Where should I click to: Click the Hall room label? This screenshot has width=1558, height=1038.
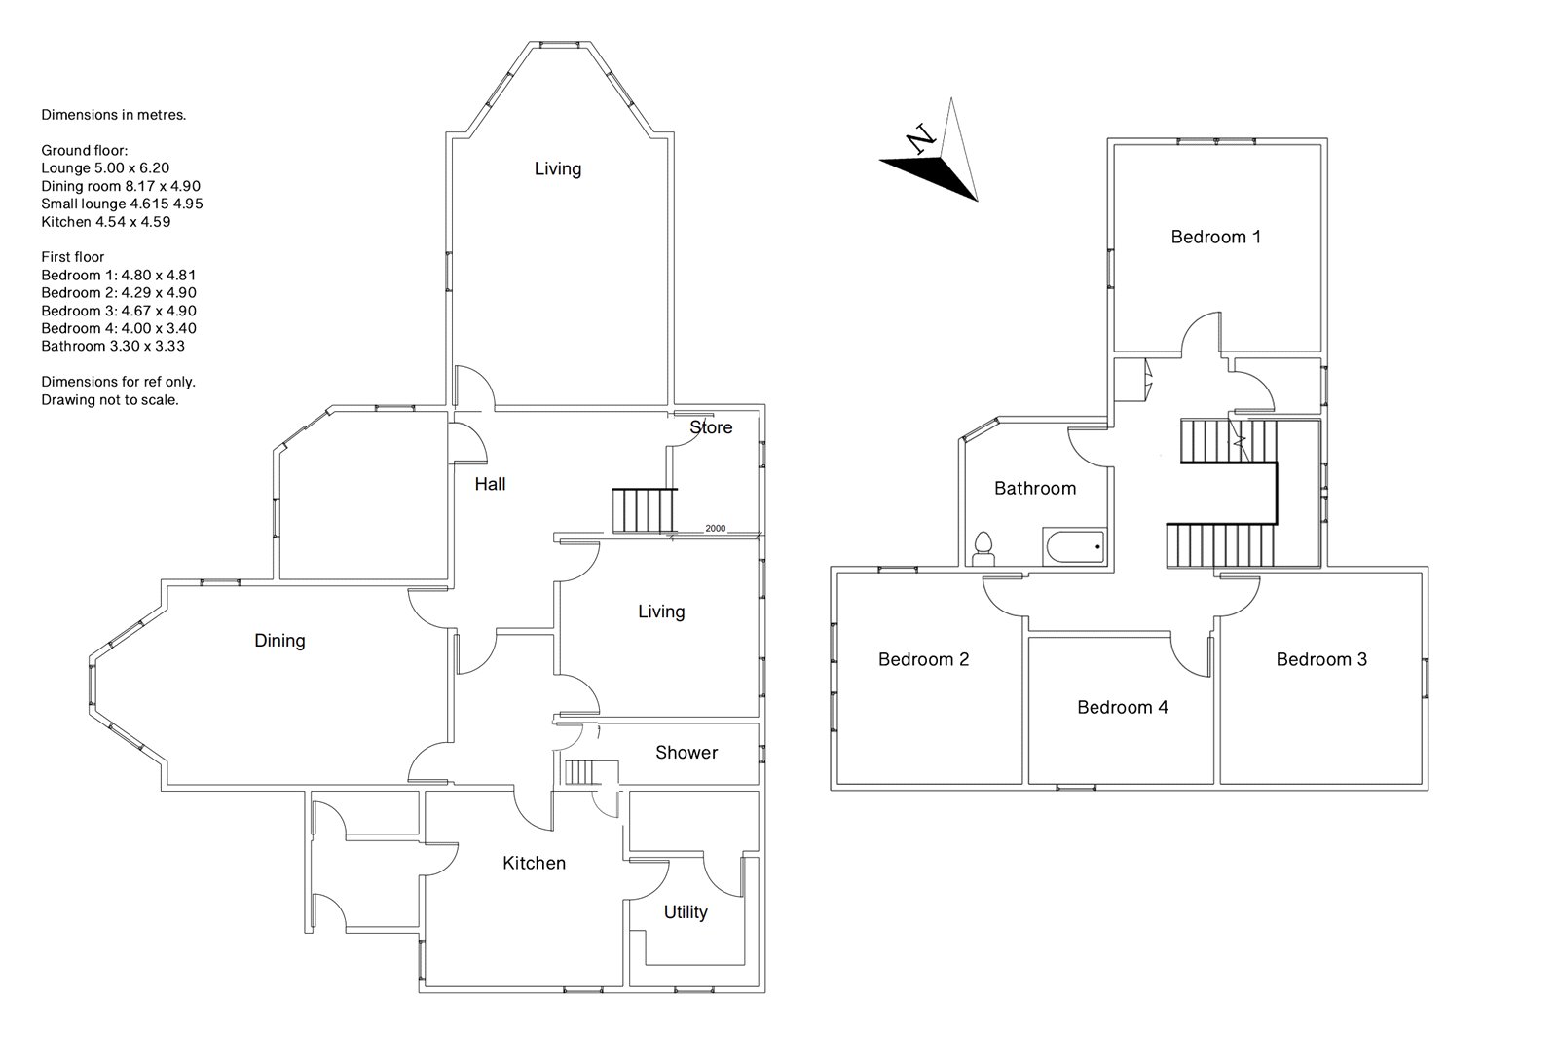click(490, 484)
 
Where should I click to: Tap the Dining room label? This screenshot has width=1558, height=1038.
click(279, 641)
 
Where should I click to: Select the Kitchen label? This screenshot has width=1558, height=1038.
click(535, 863)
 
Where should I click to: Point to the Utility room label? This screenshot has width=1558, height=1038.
click(686, 912)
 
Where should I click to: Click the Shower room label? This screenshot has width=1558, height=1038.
click(686, 752)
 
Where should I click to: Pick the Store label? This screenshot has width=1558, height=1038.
click(711, 427)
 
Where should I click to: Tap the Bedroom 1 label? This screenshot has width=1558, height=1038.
click(1216, 237)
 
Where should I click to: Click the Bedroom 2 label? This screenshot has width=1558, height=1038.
click(923, 659)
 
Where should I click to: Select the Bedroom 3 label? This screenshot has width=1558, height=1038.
click(1320, 659)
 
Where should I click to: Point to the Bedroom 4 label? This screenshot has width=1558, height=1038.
click(1123, 708)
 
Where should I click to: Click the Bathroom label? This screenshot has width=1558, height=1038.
click(1035, 489)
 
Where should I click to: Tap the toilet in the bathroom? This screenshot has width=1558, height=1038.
click(983, 549)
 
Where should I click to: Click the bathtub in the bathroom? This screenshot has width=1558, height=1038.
click(1073, 546)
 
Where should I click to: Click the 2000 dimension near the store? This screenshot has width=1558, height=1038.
click(715, 528)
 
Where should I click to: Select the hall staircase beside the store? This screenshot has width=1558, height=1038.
click(644, 510)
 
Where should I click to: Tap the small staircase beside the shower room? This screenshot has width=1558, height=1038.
click(581, 772)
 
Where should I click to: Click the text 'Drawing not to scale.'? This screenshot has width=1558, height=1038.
click(110, 400)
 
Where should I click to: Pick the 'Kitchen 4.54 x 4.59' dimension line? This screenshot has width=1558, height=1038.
click(106, 222)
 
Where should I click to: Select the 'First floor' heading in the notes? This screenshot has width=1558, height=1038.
click(72, 257)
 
